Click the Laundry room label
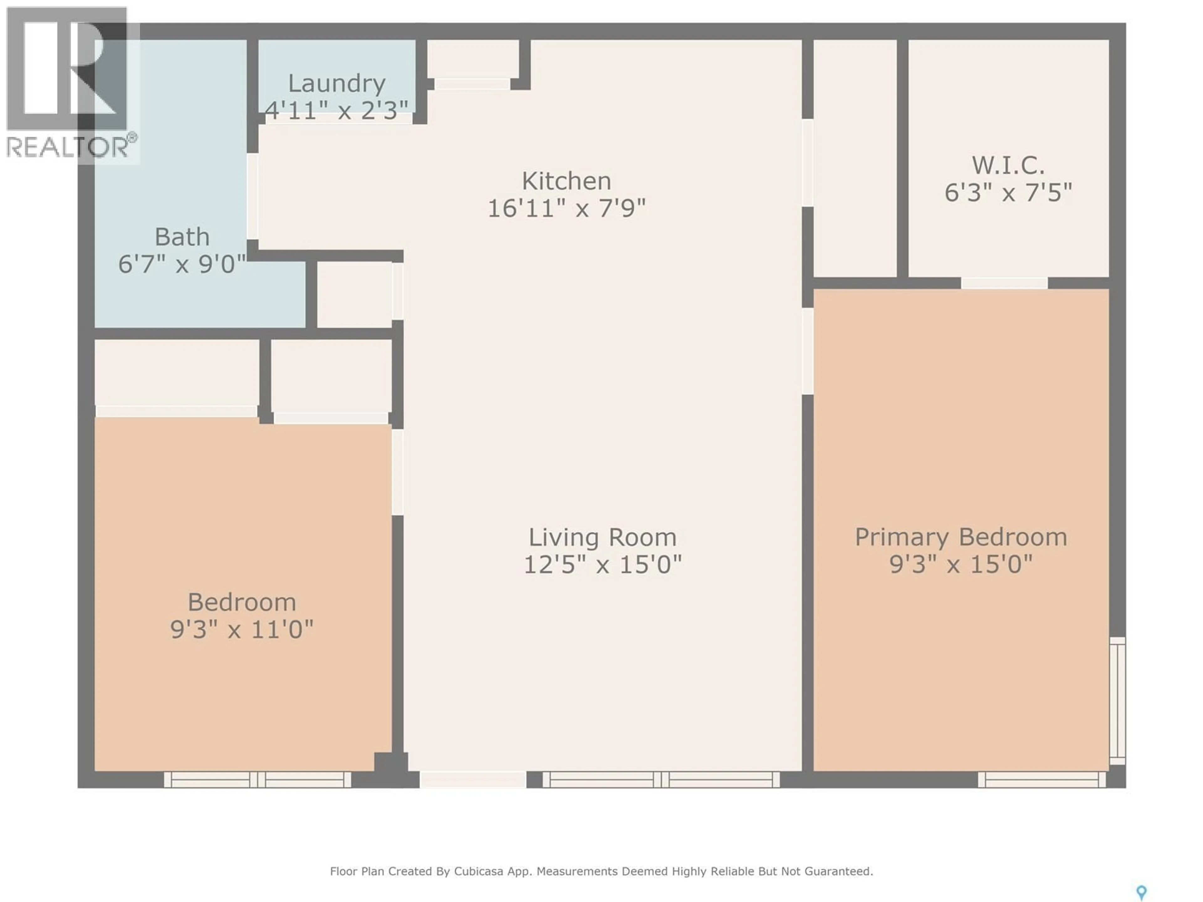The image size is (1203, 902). pos(337,83)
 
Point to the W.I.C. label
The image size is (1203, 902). pos(1008,165)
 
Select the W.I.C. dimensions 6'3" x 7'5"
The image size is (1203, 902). pos(1008,193)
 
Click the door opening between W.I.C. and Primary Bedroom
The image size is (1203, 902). pos(1004,283)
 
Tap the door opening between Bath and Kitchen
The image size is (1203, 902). pos(252,196)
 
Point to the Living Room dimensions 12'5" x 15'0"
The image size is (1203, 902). pos(602,564)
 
